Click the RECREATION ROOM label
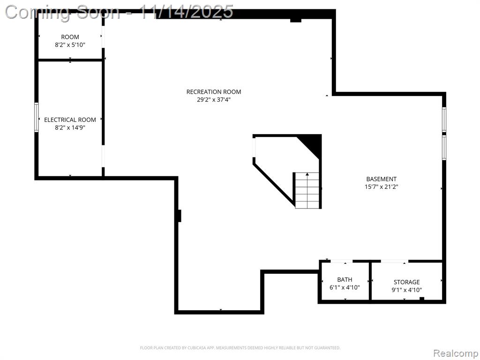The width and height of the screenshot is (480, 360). pyautogui.click(x=214, y=91)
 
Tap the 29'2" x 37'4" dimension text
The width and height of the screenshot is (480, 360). pyautogui.click(x=214, y=99)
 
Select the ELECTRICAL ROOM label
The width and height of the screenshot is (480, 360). pyautogui.click(x=70, y=120)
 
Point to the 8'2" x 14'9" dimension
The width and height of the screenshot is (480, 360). pyautogui.click(x=70, y=127)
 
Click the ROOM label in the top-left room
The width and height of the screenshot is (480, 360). pyautogui.click(x=70, y=37)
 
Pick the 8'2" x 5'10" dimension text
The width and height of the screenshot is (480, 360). pyautogui.click(x=70, y=45)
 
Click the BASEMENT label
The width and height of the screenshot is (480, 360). pyautogui.click(x=382, y=179)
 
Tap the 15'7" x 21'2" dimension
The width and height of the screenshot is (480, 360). pyautogui.click(x=382, y=187)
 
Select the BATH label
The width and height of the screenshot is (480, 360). pyautogui.click(x=345, y=279)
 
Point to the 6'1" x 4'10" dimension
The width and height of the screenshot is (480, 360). pyautogui.click(x=345, y=287)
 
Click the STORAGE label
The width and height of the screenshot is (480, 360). pyautogui.click(x=406, y=282)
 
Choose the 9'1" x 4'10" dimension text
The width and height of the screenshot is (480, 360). pyautogui.click(x=406, y=290)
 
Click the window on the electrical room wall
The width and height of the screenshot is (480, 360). pyautogui.click(x=37, y=117)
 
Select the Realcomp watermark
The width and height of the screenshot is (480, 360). pyautogui.click(x=456, y=353)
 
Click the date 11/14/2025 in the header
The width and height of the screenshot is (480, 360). pyautogui.click(x=186, y=12)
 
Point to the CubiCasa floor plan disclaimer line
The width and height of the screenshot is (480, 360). pyautogui.click(x=240, y=348)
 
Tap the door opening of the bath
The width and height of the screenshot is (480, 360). pyautogui.click(x=341, y=261)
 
